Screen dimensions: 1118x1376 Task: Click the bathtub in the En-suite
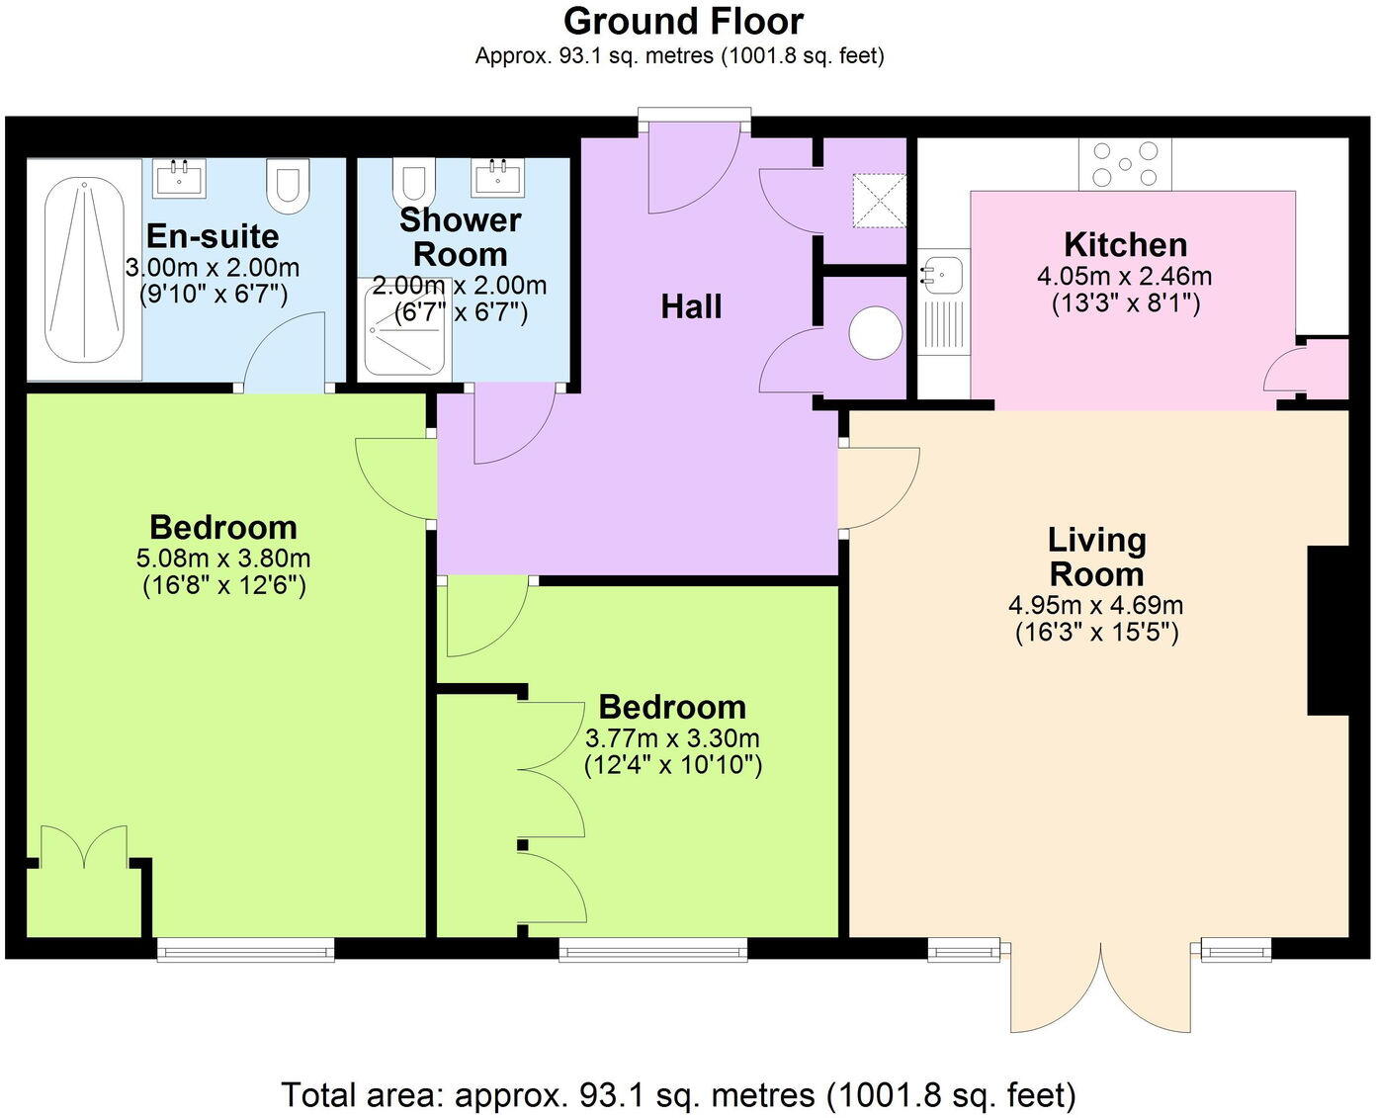point(85,270)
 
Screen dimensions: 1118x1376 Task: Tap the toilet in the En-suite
point(289,186)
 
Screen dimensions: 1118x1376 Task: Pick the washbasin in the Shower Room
point(498,178)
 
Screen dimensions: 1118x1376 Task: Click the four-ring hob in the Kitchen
point(1124,163)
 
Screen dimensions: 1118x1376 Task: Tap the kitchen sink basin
point(941,272)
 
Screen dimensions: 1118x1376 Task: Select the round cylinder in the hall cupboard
point(875,333)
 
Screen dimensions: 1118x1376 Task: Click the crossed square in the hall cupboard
point(879,202)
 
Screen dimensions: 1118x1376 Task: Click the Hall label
point(691,307)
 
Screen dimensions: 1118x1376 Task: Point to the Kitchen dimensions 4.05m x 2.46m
point(1124,277)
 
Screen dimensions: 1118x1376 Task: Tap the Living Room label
point(1096,557)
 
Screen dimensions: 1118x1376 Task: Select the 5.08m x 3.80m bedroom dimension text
point(223,559)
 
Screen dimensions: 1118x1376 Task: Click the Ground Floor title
point(683,21)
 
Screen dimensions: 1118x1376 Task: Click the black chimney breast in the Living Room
point(1328,630)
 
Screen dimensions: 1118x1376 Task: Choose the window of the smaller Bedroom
point(652,950)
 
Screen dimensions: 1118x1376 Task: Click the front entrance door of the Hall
point(692,168)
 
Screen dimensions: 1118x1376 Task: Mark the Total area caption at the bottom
point(678,1094)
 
